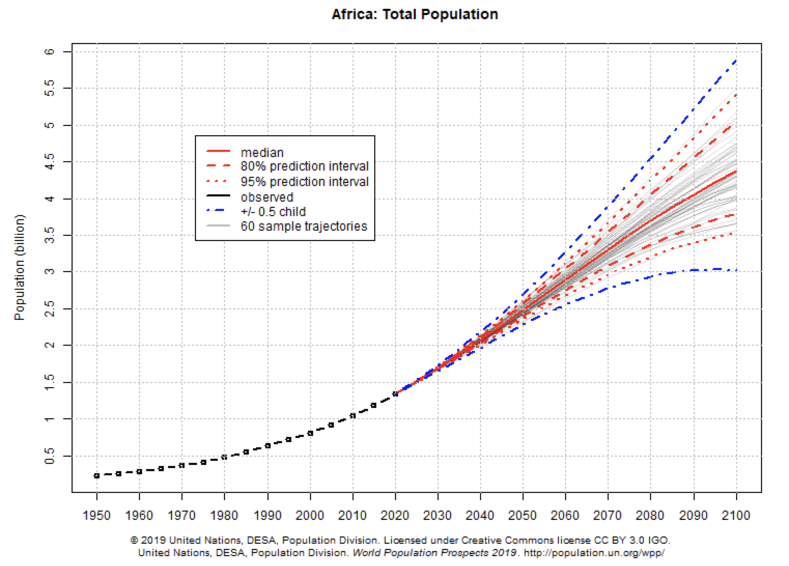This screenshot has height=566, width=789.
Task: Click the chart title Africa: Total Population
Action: coord(415,15)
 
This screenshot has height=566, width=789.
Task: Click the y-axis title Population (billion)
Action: coord(20,267)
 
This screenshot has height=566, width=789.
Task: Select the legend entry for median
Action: coord(262,152)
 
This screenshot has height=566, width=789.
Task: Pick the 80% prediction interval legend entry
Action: coord(304,166)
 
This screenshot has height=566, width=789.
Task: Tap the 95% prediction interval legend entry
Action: coord(304,182)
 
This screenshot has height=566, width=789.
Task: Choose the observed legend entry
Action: coord(266,197)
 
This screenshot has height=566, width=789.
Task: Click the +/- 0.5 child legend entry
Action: coord(273,212)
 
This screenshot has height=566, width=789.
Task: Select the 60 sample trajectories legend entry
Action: coord(303,227)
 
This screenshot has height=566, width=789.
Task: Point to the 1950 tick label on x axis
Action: coord(96,516)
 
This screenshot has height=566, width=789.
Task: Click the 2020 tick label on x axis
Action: coord(395,516)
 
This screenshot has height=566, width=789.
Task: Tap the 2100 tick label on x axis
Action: coord(736,516)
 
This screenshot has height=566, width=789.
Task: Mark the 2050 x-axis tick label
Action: coord(523,516)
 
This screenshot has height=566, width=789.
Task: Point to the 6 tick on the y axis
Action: coord(50,52)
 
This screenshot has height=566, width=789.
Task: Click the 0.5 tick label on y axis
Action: coord(50,456)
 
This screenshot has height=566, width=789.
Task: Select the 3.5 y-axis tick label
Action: coord(50,235)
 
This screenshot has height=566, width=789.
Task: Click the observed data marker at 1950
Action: coord(96,476)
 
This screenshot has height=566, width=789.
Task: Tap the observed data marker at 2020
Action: coord(395,394)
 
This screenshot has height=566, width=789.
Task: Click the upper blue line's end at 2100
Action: coord(736,60)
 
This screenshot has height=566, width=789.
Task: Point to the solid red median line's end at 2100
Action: coord(736,171)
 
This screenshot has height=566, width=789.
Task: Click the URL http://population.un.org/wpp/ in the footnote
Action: coord(594,553)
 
